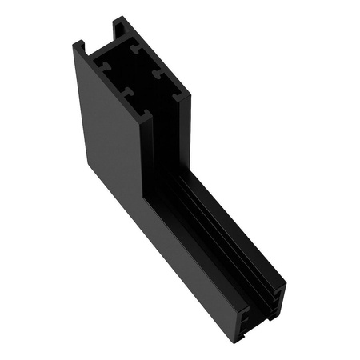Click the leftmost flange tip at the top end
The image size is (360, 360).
(78, 45)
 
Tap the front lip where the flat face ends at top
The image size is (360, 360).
(147, 120)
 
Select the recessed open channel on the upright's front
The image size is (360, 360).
(169, 144)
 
